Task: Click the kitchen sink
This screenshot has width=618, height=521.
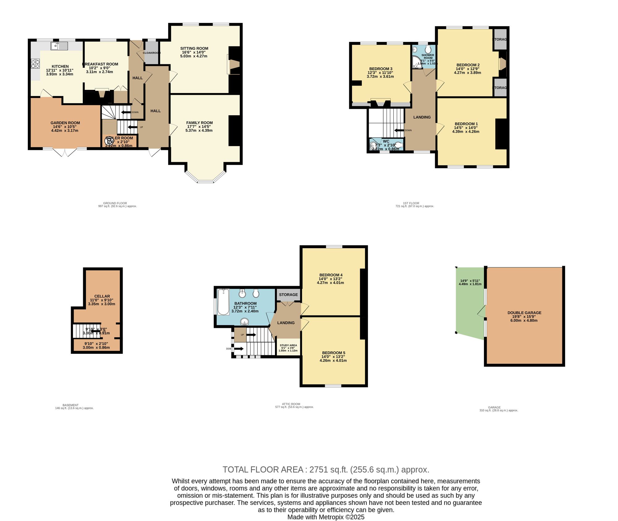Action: click(x=59, y=46)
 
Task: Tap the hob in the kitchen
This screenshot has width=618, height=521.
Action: click(x=36, y=64)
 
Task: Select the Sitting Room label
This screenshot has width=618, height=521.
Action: click(x=194, y=48)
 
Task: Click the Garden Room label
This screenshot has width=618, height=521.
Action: click(x=65, y=123)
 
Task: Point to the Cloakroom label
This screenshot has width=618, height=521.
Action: click(x=151, y=53)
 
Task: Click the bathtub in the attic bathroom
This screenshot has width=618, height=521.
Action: click(x=223, y=302)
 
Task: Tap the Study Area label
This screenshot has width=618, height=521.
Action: click(x=288, y=345)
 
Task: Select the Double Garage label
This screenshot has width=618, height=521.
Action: click(x=524, y=313)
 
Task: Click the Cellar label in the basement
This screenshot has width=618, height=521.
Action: click(x=102, y=296)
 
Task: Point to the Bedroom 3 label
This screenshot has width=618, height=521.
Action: click(x=381, y=69)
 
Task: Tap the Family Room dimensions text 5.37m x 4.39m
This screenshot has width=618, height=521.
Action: click(x=199, y=130)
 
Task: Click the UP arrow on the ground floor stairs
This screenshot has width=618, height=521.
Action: click(x=133, y=127)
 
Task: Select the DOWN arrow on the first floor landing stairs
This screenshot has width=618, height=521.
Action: click(x=399, y=130)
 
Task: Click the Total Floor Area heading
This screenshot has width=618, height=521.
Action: click(x=326, y=470)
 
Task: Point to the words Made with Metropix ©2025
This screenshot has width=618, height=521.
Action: click(x=326, y=517)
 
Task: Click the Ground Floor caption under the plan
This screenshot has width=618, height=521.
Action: click(x=115, y=203)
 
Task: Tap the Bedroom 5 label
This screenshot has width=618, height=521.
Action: click(x=333, y=353)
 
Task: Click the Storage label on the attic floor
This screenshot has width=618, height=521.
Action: click(x=288, y=294)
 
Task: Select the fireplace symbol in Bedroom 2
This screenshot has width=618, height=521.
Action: click(x=502, y=64)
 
